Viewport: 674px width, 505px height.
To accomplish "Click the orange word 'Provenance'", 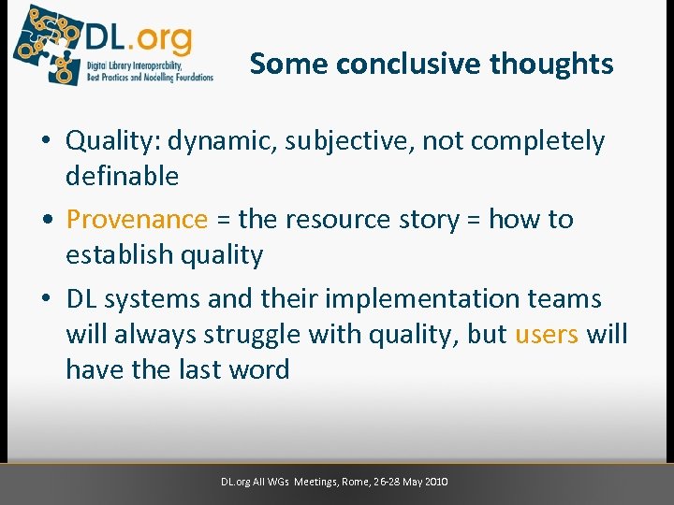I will (x=137, y=219).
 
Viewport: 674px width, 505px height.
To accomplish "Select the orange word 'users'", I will (x=546, y=334).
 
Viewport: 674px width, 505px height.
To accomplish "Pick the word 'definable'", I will (x=122, y=176).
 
